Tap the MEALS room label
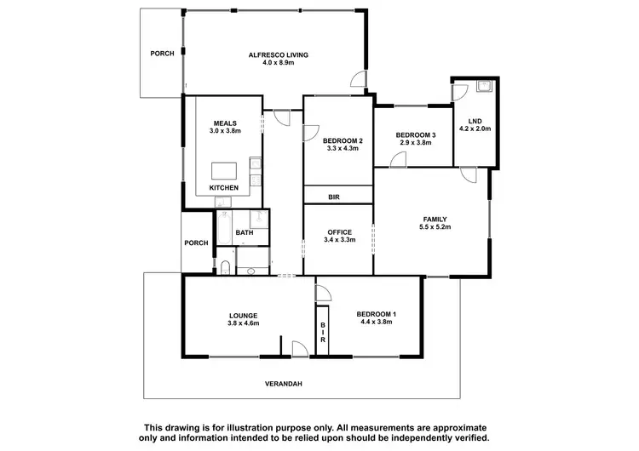tap(225, 123)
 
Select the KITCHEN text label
tap(224, 187)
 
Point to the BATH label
tap(245, 232)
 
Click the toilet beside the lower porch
tap(223, 268)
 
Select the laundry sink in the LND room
tap(484, 86)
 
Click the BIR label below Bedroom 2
tap(337, 197)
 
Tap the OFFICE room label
tap(339, 231)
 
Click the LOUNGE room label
tap(243, 315)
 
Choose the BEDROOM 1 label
tap(378, 315)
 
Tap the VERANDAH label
tap(285, 384)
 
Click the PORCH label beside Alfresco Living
tap(162, 54)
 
